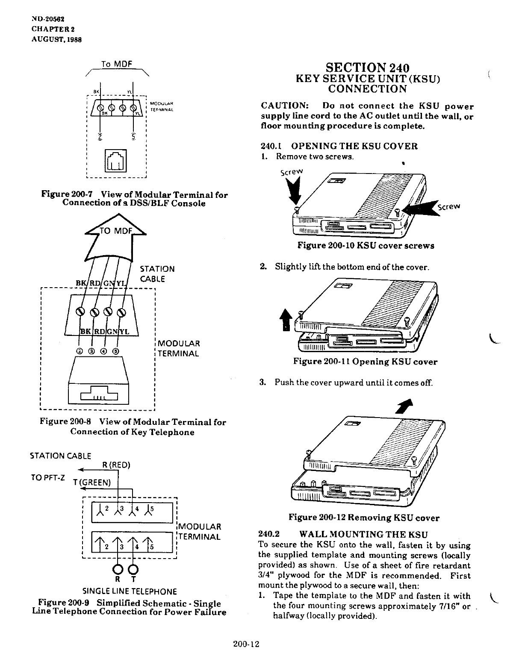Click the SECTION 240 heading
[x=367, y=68]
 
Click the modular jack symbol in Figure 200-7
[x=116, y=160]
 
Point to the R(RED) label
[x=116, y=465]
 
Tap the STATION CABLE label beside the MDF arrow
[x=157, y=274]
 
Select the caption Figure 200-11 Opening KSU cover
[x=365, y=362]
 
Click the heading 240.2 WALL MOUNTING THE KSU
[x=343, y=534]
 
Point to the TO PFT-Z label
[x=47, y=478]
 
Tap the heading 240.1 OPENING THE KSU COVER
[x=339, y=146]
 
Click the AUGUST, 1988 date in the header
[x=56, y=39]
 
